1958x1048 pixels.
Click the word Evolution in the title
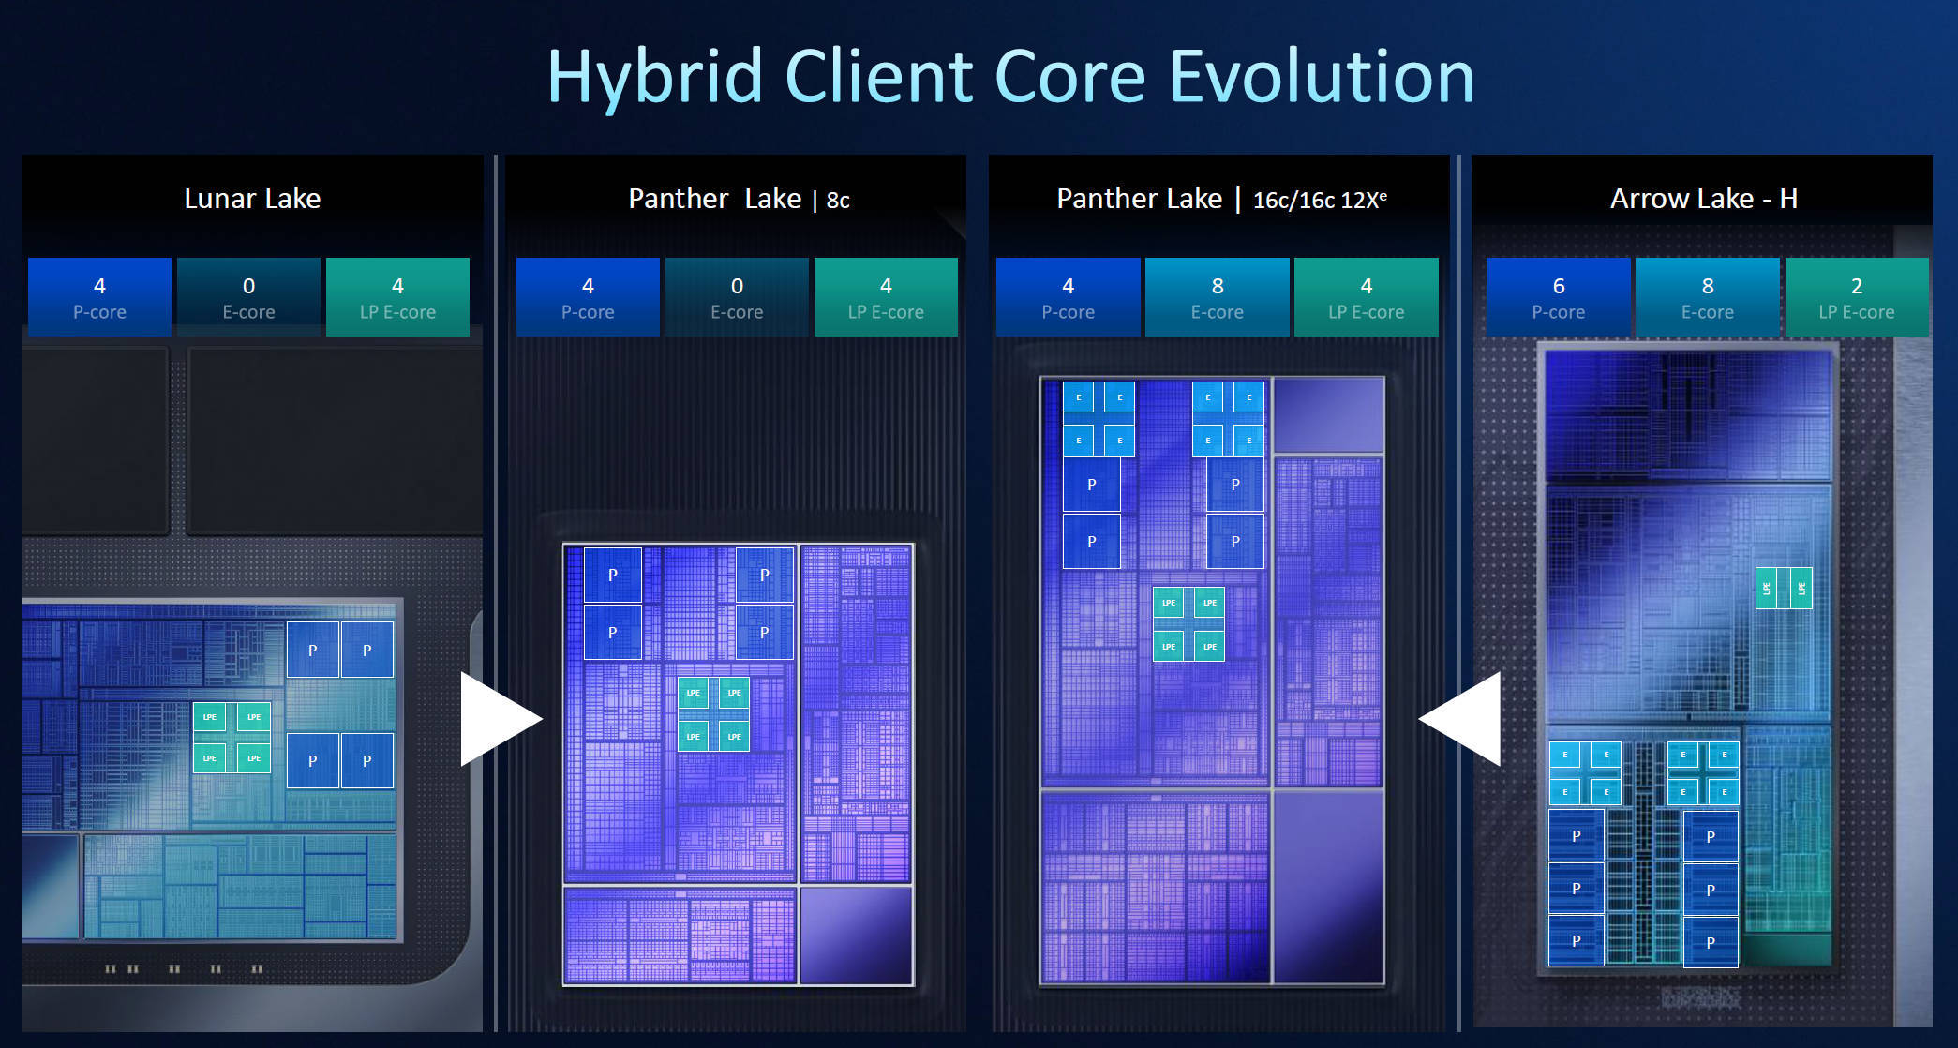click(x=1323, y=77)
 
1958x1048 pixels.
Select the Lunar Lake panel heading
click(x=252, y=199)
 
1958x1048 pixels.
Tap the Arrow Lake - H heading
click(x=1704, y=199)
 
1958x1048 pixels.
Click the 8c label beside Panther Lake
click(x=838, y=201)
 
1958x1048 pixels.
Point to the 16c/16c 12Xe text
click(x=1320, y=200)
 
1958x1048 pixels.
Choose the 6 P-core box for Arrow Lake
click(x=1558, y=297)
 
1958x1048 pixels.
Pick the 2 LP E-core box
click(x=1857, y=297)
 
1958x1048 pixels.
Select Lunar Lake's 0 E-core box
click(x=248, y=297)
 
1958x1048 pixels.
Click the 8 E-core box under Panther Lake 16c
click(x=1217, y=297)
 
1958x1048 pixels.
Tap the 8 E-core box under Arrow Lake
click(x=1707, y=297)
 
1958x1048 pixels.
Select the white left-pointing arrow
click(x=1460, y=719)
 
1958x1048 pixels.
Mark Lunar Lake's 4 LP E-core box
click(x=397, y=297)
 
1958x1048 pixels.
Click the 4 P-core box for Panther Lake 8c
click(x=588, y=297)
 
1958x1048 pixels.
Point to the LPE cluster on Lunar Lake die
click(x=232, y=738)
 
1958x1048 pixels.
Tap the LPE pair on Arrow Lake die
click(x=1783, y=589)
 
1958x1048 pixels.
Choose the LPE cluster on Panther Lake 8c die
click(x=713, y=714)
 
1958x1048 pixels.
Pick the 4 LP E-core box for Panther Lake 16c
click(x=1366, y=297)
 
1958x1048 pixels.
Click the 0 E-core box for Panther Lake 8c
click(x=737, y=297)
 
